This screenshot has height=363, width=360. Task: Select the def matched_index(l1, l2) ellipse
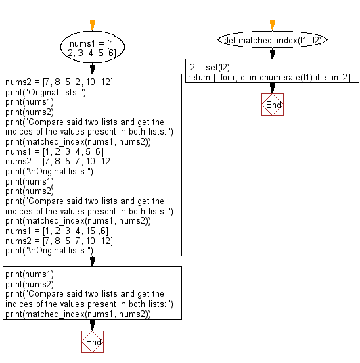[x=272, y=40]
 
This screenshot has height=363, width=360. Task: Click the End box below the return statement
[x=272, y=105]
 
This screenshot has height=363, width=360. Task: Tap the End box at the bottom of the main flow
[x=92, y=343]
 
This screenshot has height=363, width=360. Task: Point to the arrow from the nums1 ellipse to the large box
[x=92, y=69]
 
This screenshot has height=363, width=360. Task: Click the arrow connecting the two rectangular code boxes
[x=92, y=262]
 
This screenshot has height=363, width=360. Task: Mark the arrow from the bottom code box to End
[x=92, y=325]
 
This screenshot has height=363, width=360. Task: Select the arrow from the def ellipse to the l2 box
[x=272, y=54]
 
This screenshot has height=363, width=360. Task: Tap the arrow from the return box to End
[x=272, y=89]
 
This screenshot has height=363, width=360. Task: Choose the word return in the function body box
[x=200, y=78]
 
